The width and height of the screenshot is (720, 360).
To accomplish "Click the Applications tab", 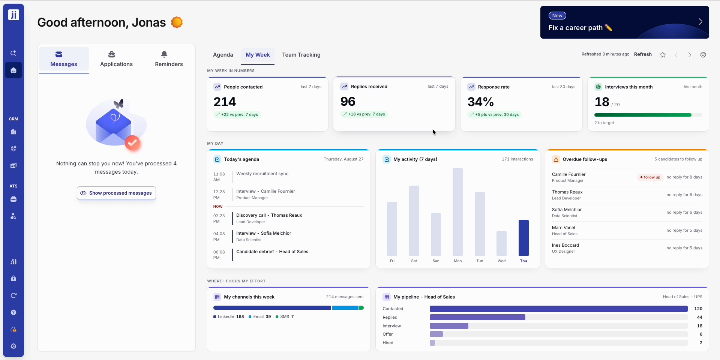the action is (x=116, y=59).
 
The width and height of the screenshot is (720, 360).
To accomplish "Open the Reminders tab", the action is (x=169, y=59).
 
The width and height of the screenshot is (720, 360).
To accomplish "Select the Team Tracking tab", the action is (x=301, y=55).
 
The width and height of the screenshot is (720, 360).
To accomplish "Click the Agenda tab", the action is (x=223, y=55).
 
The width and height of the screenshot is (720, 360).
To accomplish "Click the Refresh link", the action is (x=643, y=54).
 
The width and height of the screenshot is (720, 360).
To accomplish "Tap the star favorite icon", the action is (x=663, y=55).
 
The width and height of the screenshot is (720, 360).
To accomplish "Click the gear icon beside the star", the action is (x=703, y=55).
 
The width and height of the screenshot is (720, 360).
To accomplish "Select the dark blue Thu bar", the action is (x=524, y=238).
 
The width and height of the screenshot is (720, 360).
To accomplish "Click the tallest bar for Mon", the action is (x=458, y=212).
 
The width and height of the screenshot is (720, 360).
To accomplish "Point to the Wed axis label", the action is (x=502, y=261).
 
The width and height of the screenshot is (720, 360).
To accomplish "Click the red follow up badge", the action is (x=650, y=177).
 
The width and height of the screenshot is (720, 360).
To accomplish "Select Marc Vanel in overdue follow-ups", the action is (x=564, y=228).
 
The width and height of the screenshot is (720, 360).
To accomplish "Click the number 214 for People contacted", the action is (x=225, y=102).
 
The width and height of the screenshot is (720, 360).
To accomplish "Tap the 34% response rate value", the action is (x=481, y=102).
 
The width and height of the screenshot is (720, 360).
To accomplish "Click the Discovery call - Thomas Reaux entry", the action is (x=269, y=215).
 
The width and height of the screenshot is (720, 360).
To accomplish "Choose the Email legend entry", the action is (x=260, y=317).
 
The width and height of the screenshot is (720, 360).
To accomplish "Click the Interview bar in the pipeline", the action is (x=449, y=326).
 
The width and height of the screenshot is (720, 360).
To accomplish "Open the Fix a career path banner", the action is (x=624, y=22).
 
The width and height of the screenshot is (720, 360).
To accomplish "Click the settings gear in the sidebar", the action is (x=13, y=346).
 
